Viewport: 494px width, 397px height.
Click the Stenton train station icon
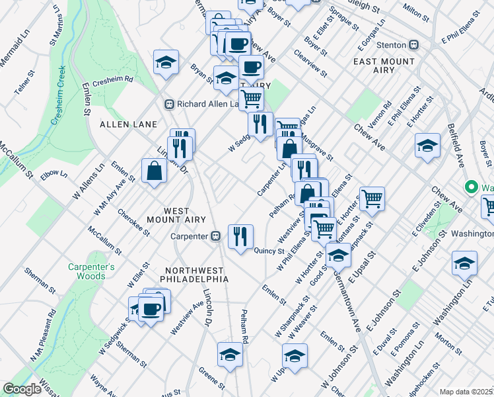coord(414,45)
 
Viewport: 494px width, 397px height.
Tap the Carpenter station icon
coord(215,236)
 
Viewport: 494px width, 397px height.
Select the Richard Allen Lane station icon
coord(169,105)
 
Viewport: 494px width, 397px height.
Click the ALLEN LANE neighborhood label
coord(128,124)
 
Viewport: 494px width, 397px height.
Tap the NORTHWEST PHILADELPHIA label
coord(197,275)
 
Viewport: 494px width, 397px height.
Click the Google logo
coord(22,389)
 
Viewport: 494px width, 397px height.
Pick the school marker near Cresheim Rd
coord(166,63)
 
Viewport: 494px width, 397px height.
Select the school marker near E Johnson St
coord(464,263)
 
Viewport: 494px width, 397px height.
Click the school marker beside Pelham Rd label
coord(229,353)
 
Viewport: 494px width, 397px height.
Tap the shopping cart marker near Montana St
coord(372,197)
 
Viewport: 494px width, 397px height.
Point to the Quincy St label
coord(269,251)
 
